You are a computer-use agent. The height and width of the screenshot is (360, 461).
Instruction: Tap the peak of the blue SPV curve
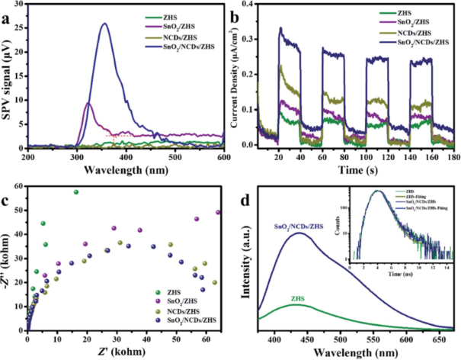(x=104, y=24)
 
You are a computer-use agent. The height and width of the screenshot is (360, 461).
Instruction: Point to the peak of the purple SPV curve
(x=88, y=103)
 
